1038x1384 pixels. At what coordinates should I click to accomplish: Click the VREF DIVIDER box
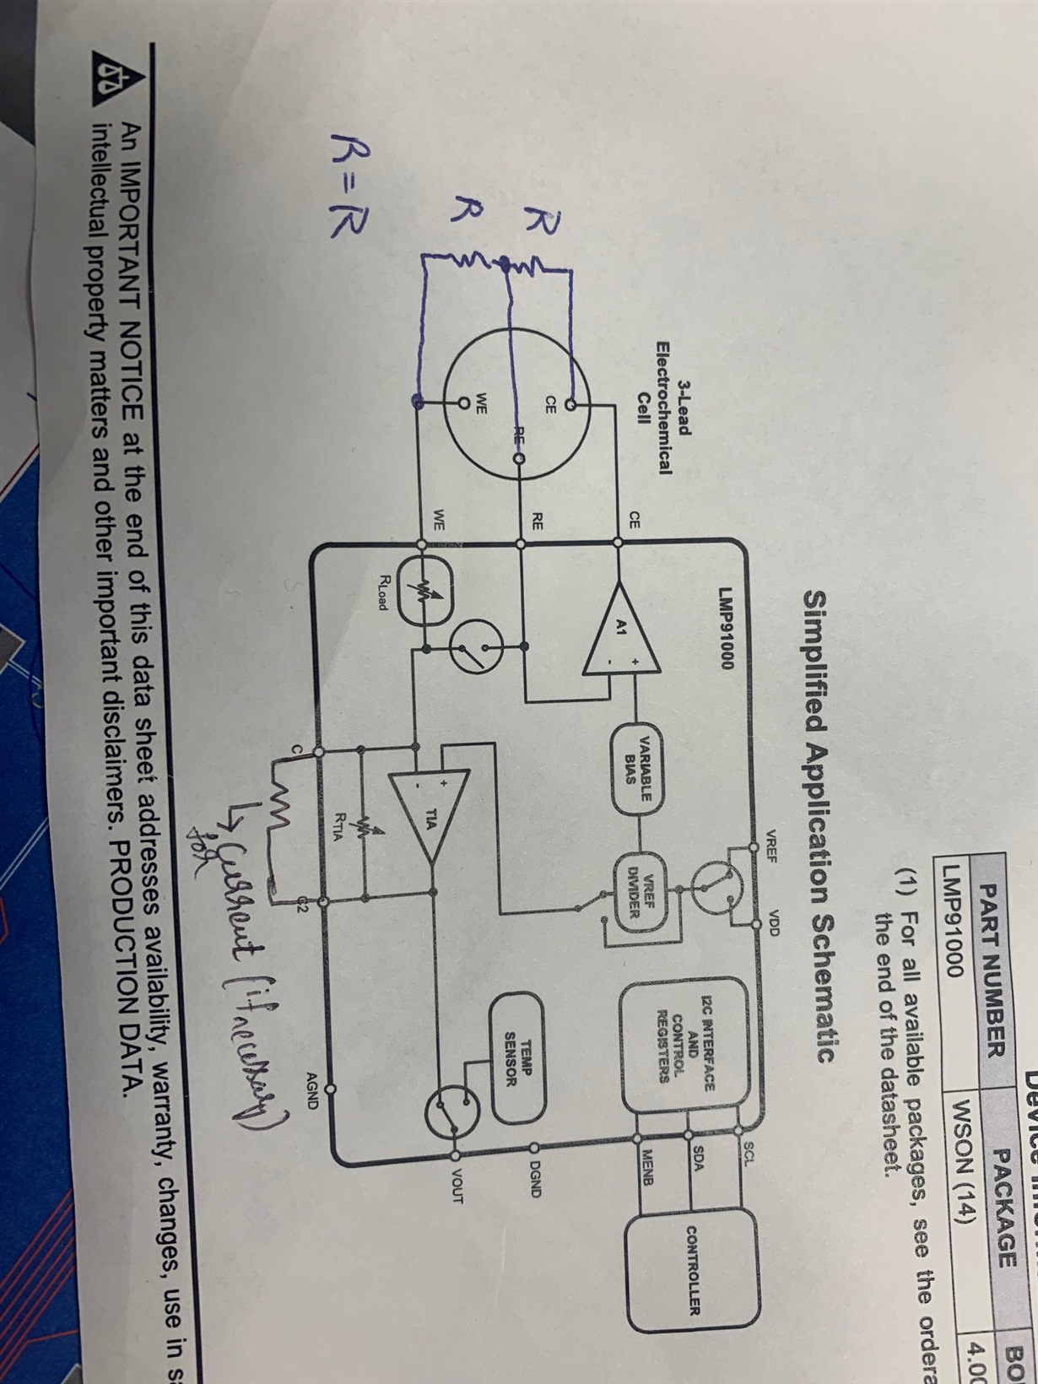click(x=646, y=888)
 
